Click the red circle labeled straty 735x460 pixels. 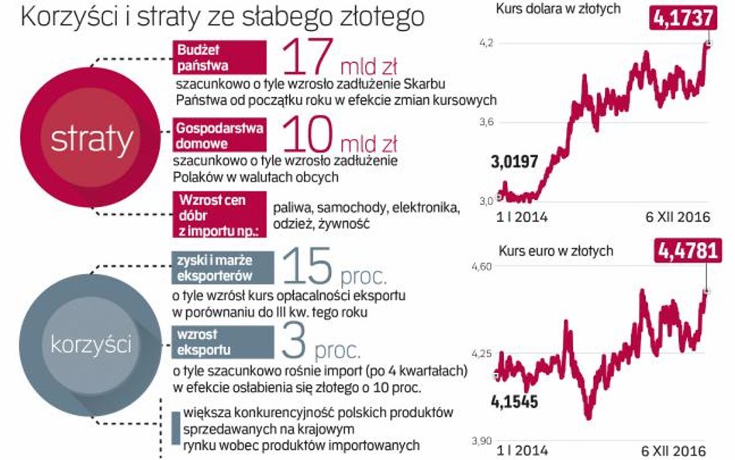(x=91, y=140)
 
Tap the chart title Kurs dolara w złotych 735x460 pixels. (x=551, y=9)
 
